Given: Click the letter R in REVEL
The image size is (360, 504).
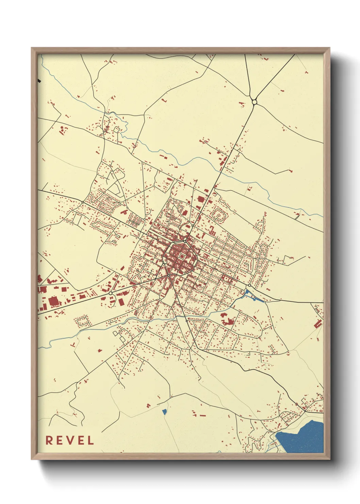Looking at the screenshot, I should point(49,440).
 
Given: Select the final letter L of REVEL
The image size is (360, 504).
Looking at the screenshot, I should point(91,440).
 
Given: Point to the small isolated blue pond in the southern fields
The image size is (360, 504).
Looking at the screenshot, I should point(165,412).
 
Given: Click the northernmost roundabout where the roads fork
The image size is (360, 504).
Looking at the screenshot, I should point(254,102).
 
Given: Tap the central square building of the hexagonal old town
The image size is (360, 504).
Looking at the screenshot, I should point(181,256).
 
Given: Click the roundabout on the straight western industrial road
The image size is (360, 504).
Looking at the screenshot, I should point(111,293).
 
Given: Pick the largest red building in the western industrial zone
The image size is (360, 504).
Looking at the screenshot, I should point(53,302).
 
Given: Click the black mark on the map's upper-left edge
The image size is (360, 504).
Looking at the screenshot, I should point(39,81).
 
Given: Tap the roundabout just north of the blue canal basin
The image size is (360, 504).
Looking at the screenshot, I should point(249,285).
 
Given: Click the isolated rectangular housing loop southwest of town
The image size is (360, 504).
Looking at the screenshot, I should point(83,321).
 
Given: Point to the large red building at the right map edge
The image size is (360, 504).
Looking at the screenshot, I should point(318,324).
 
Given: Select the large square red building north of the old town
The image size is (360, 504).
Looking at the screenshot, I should point(200,199).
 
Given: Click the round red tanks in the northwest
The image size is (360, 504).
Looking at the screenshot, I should point(63,130).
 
